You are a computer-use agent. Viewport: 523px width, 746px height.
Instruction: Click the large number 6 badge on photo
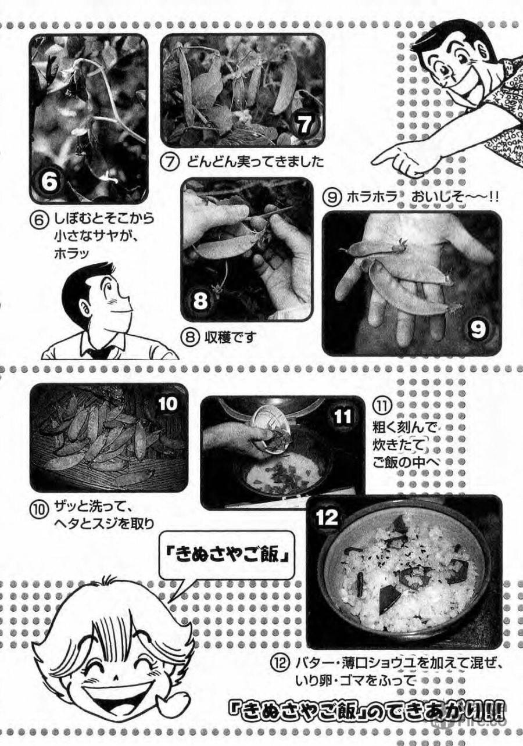(50, 182)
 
